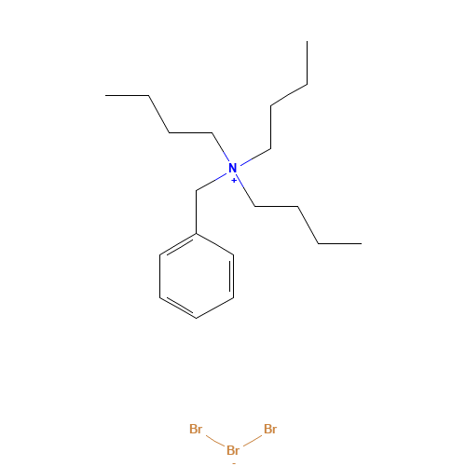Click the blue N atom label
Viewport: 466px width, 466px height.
233,168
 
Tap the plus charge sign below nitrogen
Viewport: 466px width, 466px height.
234,181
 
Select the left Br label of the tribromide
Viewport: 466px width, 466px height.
196,429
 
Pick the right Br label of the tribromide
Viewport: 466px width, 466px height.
270,429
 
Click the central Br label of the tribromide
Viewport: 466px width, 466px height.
233,450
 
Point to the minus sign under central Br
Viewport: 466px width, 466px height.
234,463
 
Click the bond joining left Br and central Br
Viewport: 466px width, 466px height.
215,441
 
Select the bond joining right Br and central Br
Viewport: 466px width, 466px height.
253,441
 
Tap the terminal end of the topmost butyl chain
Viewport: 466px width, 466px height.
308,41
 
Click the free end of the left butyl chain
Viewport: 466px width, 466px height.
105,95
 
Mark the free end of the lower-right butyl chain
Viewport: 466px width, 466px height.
362,243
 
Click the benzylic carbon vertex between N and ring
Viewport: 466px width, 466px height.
197,190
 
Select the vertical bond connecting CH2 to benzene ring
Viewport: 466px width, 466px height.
197,212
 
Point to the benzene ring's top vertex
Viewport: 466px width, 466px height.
197,233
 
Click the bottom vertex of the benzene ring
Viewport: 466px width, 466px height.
197,318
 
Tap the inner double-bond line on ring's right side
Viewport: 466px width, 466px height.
230,276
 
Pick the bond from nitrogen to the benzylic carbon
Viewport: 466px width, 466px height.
211,182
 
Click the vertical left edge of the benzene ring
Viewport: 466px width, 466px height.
159,276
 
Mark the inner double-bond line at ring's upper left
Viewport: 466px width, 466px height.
181,248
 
